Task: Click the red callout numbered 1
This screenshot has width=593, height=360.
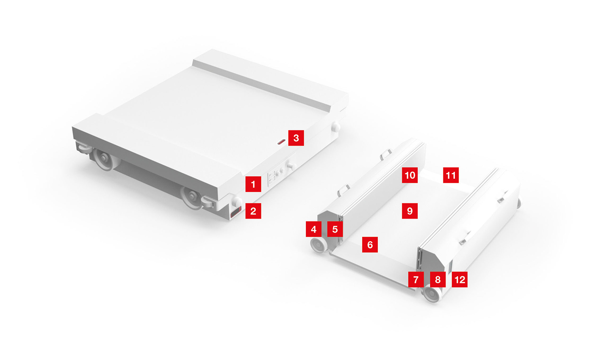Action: [253, 185]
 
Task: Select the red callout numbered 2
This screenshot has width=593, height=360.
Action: [253, 211]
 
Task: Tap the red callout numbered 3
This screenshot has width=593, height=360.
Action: [296, 138]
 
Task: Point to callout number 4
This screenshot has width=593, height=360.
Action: [313, 229]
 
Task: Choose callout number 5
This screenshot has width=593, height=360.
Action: [335, 229]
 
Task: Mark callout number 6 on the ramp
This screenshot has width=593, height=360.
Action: [370, 245]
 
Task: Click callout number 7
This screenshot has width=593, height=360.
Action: [416, 280]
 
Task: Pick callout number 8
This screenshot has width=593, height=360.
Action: [438, 280]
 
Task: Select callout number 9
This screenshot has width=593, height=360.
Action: [410, 210]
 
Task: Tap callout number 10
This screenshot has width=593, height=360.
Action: [410, 174]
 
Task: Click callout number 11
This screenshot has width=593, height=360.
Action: [451, 174]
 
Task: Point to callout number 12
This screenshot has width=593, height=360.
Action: [460, 280]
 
